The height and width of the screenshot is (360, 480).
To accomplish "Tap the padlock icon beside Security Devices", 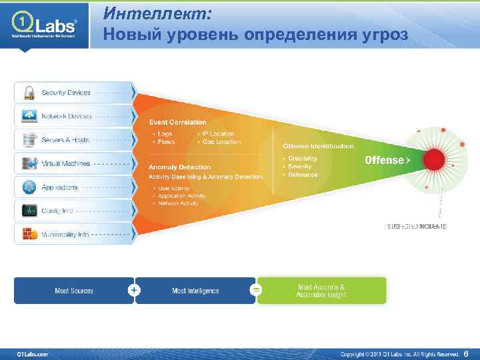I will (29, 92).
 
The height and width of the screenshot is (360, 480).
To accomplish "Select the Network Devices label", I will (67, 116).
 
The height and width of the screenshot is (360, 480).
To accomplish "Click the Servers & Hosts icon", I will (29, 140).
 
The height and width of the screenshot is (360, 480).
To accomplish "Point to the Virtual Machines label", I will (65, 163).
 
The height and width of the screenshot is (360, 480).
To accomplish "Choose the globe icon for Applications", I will (29, 187).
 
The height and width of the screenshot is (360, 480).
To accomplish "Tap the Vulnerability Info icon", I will (29, 234).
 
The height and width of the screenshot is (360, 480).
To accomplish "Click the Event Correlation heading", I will (177, 122).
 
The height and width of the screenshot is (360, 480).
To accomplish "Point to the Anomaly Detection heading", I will (179, 167).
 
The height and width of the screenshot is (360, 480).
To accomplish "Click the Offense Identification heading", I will (318, 146).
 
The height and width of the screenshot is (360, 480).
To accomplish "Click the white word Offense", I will (384, 160).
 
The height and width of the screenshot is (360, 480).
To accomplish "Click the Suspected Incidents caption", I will (417, 227).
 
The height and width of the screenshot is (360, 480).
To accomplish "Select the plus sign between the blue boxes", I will (135, 290).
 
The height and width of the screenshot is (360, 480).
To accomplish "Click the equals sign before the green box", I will (256, 290).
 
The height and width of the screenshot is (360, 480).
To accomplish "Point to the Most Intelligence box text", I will (195, 291).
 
